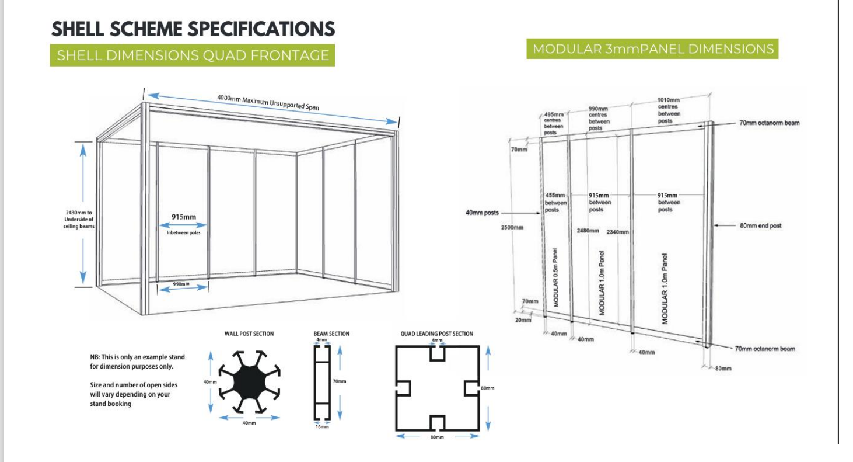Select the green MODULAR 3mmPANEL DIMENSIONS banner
coord(653,49)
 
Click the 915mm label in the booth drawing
coord(183,217)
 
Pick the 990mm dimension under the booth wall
coord(181,284)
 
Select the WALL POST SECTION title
coord(249,334)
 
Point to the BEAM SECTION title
coord(331,334)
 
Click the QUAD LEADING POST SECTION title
coord(437,334)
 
